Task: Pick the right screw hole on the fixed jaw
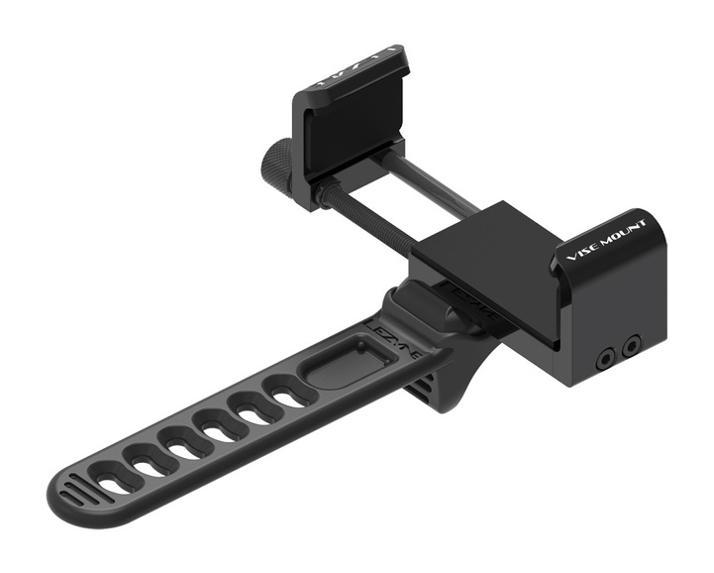coord(628,344)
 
